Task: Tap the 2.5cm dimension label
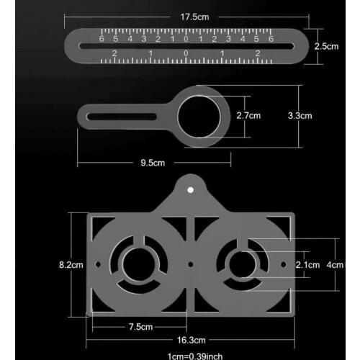[x=326, y=45]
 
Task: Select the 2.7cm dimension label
[x=248, y=115]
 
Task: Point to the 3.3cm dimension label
[x=300, y=115]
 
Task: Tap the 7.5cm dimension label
[x=142, y=327]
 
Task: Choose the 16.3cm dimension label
[x=192, y=340]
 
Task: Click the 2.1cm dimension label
[x=308, y=265]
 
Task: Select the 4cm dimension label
[x=336, y=264]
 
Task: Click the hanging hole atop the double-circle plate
[x=191, y=190]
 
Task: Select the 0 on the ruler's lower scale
[x=186, y=54]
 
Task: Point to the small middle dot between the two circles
[x=190, y=265]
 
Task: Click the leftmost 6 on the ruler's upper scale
[x=102, y=39]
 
